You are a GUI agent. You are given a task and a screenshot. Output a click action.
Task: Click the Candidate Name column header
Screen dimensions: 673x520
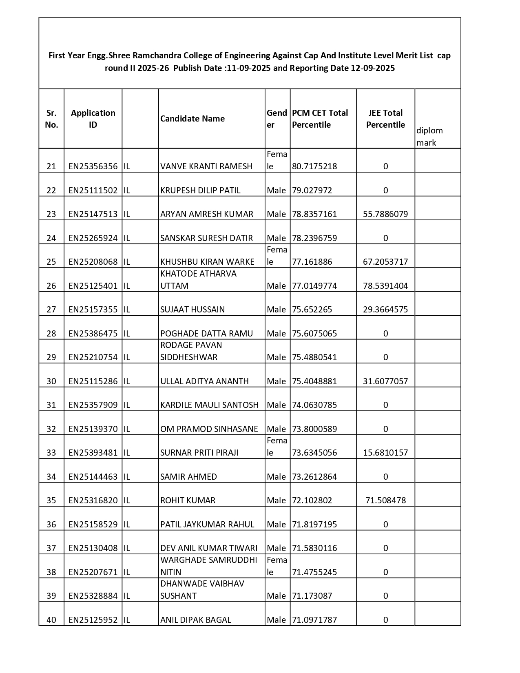[193, 119]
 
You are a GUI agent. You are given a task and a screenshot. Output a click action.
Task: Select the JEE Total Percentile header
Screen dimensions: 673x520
[385, 119]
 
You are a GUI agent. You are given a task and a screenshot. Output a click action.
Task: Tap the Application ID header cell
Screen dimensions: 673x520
[93, 119]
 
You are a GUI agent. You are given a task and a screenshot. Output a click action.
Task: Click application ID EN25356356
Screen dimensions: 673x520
[93, 166]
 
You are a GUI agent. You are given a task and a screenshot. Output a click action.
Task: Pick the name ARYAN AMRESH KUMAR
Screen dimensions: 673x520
[207, 214]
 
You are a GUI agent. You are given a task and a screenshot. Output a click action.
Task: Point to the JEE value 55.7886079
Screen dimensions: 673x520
[385, 214]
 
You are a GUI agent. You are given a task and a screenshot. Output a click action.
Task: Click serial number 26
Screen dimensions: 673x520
[51, 286]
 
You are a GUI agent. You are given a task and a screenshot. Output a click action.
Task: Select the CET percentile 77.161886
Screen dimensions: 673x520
[312, 262]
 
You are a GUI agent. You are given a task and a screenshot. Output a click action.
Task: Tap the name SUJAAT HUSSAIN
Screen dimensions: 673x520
[193, 310]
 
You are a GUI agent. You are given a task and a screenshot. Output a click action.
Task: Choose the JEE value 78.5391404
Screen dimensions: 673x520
[385, 286]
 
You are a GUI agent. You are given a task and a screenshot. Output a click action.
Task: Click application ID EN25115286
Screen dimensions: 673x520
[93, 381]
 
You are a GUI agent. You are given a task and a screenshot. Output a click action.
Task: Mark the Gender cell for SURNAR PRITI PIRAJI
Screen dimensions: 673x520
[277, 447]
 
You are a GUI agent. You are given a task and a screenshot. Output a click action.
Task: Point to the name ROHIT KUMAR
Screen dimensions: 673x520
[188, 500]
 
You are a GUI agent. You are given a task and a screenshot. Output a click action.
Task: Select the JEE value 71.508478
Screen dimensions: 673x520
[385, 500]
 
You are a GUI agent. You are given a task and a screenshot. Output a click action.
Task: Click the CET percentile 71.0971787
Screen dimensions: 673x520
[314, 620]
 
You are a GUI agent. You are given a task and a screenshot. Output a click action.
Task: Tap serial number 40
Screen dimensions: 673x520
[51, 620]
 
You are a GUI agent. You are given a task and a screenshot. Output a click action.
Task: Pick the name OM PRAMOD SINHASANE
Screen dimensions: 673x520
[209, 429]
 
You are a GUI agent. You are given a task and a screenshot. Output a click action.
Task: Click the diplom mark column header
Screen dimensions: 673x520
[429, 136]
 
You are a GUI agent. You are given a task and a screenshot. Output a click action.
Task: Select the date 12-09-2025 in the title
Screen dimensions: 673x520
[372, 68]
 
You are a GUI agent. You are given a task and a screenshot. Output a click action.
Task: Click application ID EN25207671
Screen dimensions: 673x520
[93, 572]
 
